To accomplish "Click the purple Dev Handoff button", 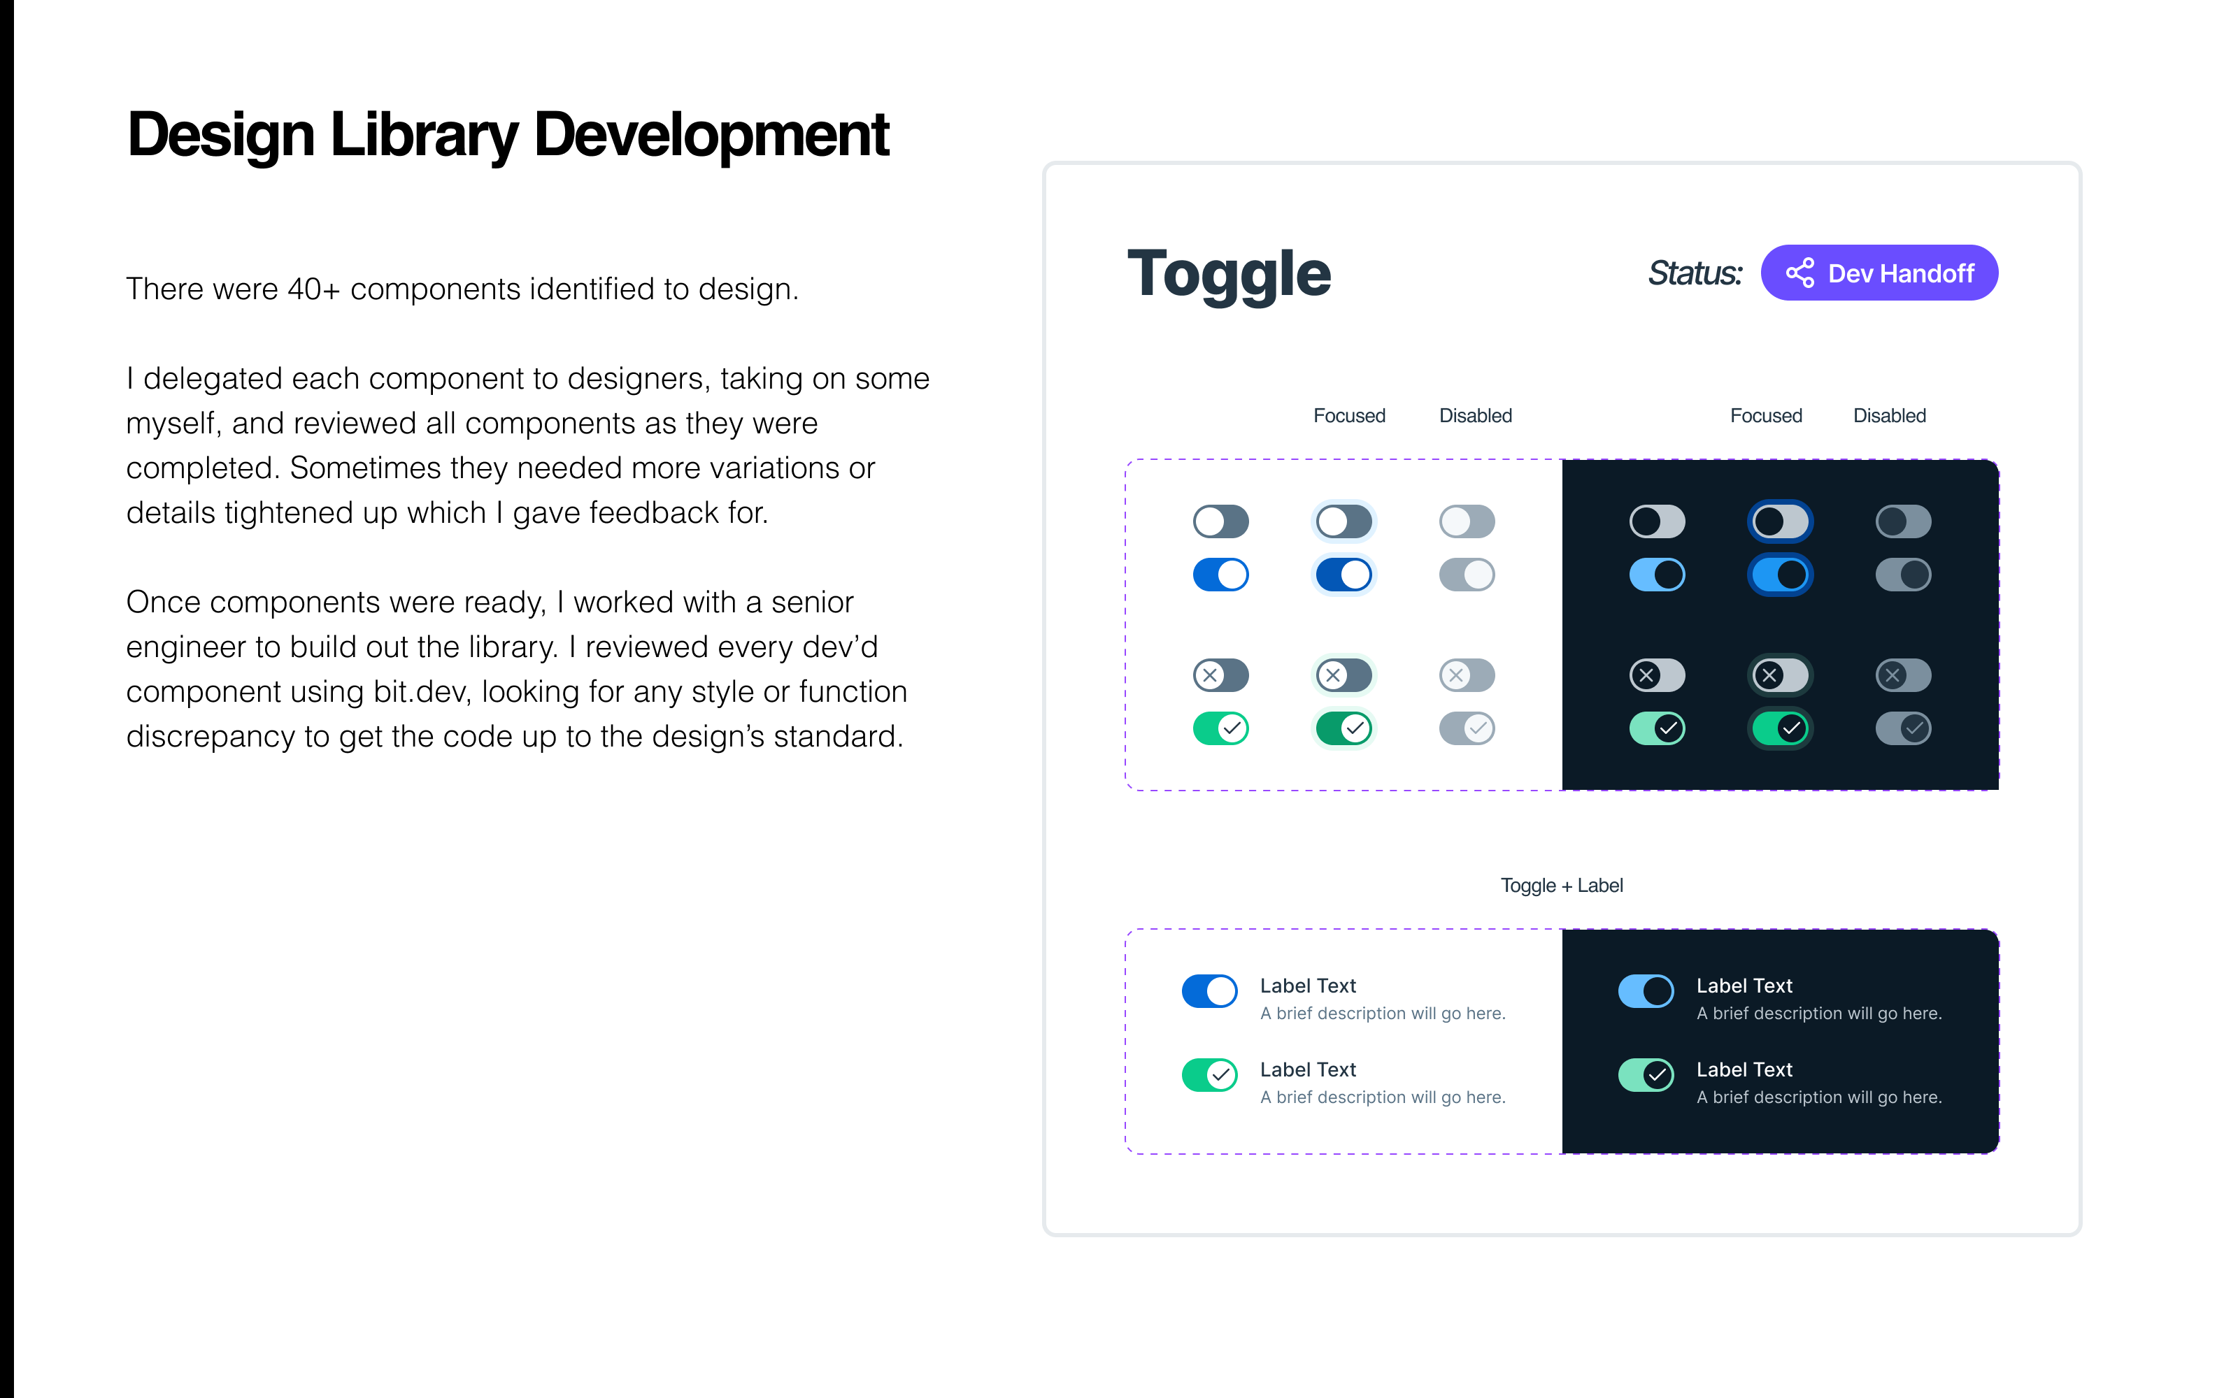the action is (1879, 273).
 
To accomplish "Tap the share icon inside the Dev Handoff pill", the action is (1799, 273).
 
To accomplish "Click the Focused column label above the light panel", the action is (1349, 416).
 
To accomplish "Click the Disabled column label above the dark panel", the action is (1889, 416).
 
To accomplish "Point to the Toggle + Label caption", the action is (1562, 886).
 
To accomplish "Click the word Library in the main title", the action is (424, 136).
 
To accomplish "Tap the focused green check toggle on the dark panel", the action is (1780, 728).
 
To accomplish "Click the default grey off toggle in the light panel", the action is (1220, 521).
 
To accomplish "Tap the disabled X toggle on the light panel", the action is (1467, 675).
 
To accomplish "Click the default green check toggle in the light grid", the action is (1220, 728).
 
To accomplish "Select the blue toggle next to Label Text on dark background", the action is (1646, 991).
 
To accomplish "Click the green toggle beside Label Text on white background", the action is (1210, 1074).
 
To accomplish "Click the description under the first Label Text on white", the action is (1383, 1014).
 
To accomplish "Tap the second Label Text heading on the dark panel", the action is (1744, 1069).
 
